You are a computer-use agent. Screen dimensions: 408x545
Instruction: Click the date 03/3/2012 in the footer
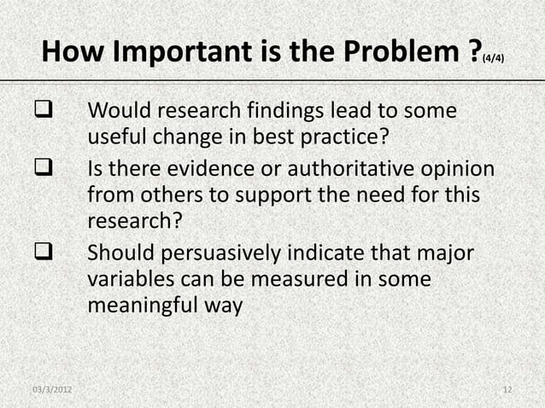coord(51,391)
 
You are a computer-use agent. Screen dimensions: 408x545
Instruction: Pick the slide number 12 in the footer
coord(507,391)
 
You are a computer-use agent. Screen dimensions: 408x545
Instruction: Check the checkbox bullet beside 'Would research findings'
coord(40,112)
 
